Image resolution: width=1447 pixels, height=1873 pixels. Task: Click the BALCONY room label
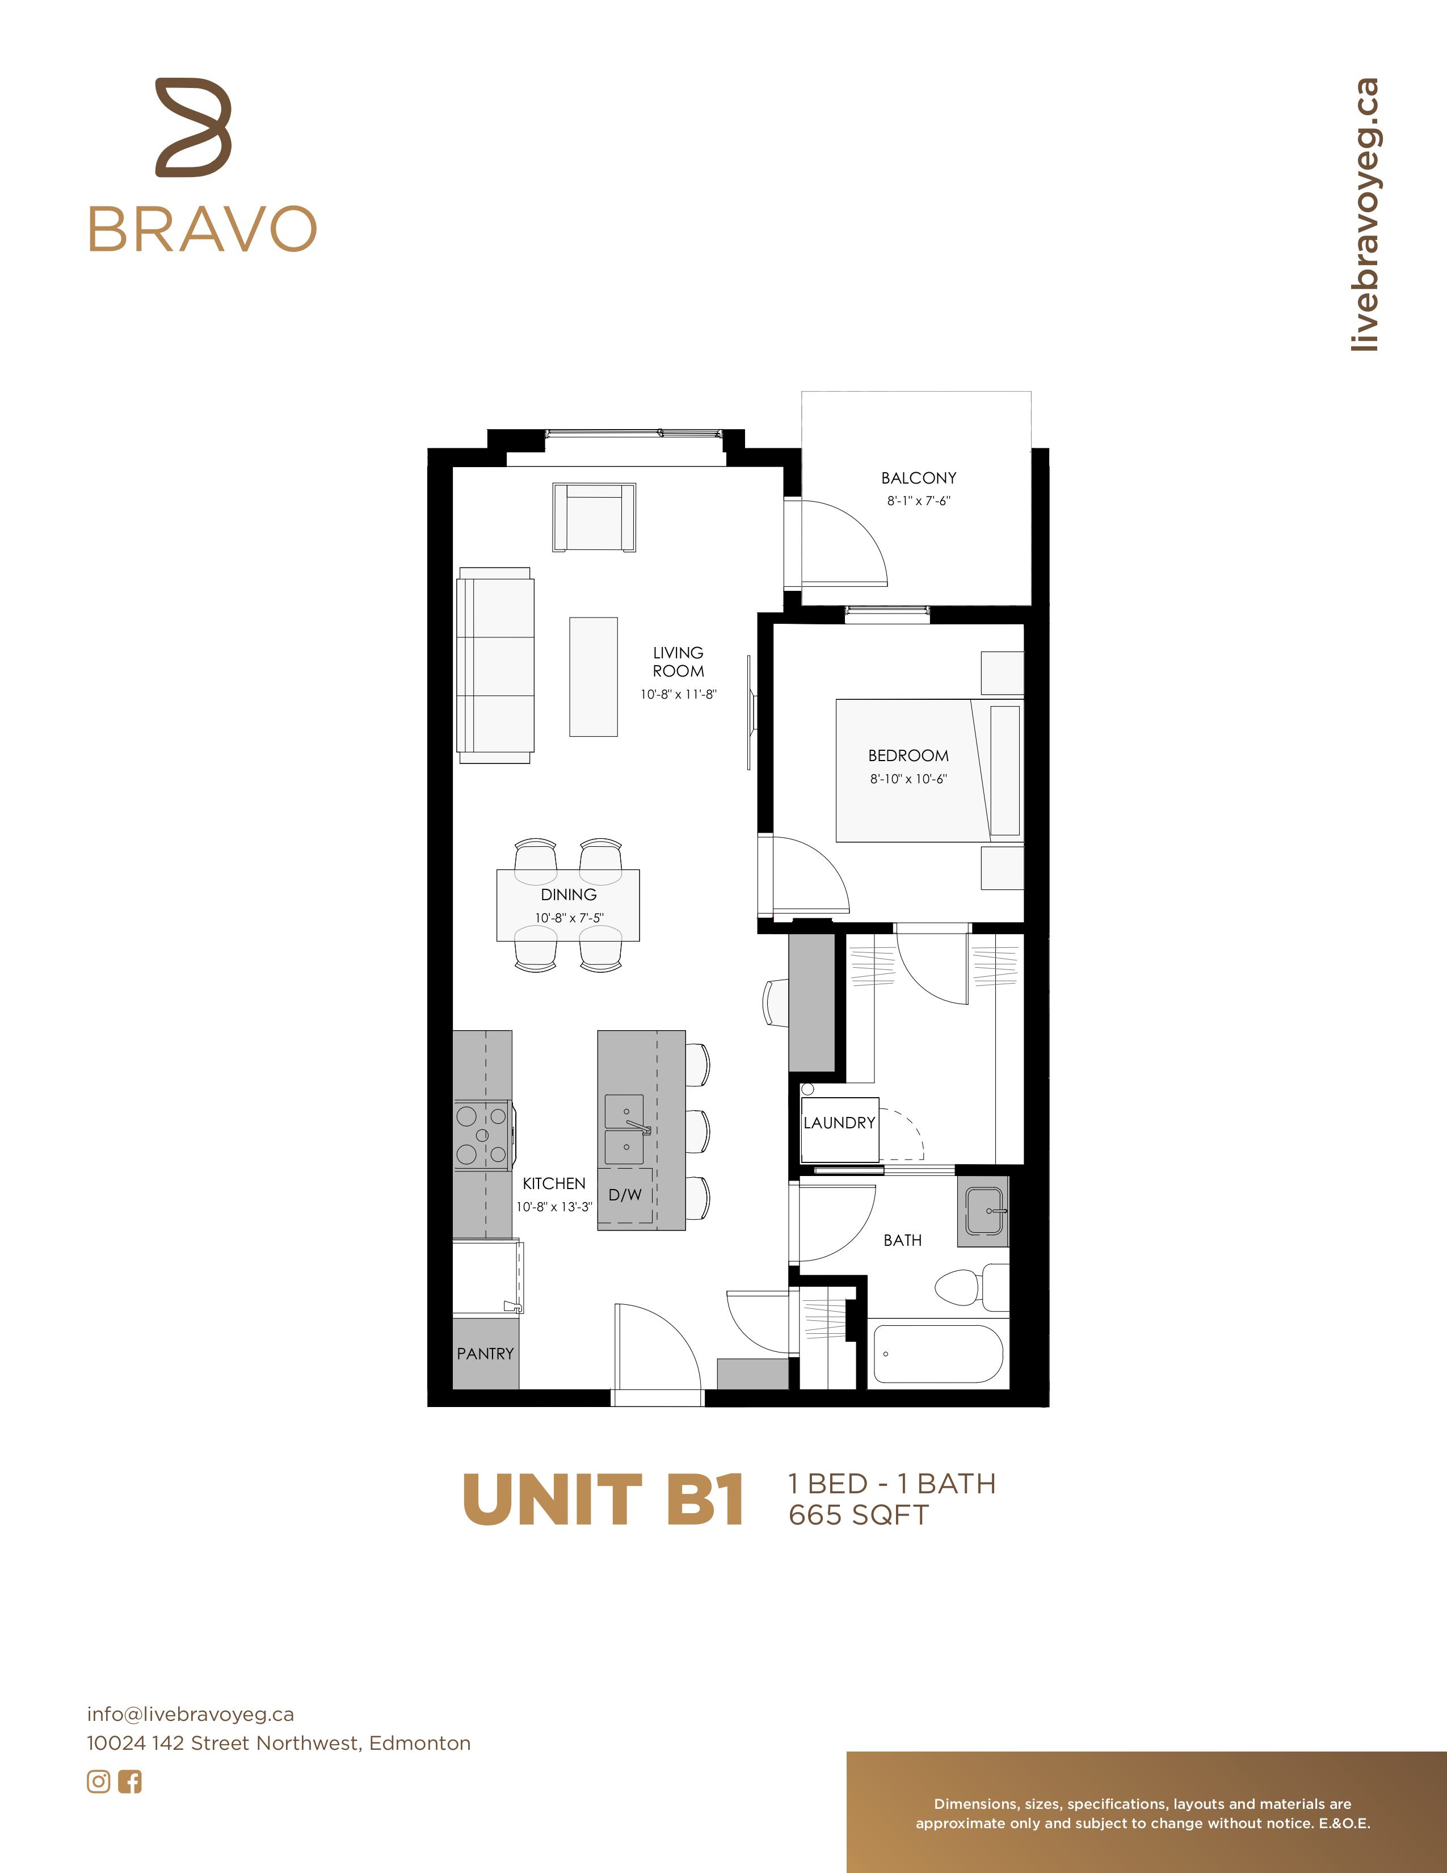[x=918, y=478]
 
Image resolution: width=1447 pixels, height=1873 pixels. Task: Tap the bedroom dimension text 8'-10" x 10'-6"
[x=908, y=779]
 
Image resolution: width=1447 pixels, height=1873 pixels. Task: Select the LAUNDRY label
[x=839, y=1123]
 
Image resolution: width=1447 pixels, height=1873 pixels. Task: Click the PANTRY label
[x=485, y=1353]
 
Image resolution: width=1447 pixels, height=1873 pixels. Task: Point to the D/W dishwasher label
[x=625, y=1195]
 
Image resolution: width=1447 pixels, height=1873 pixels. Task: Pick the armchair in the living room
[x=594, y=517]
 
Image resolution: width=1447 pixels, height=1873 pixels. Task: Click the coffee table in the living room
[x=593, y=677]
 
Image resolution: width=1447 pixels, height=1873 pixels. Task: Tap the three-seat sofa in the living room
[x=495, y=665]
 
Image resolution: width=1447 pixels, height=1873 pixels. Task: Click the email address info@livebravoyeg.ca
[x=190, y=1714]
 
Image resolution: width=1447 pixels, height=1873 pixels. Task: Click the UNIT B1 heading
[x=603, y=1500]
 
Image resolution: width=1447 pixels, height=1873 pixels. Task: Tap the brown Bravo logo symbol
[x=194, y=128]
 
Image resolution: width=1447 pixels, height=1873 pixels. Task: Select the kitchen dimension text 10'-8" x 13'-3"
[x=554, y=1207]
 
